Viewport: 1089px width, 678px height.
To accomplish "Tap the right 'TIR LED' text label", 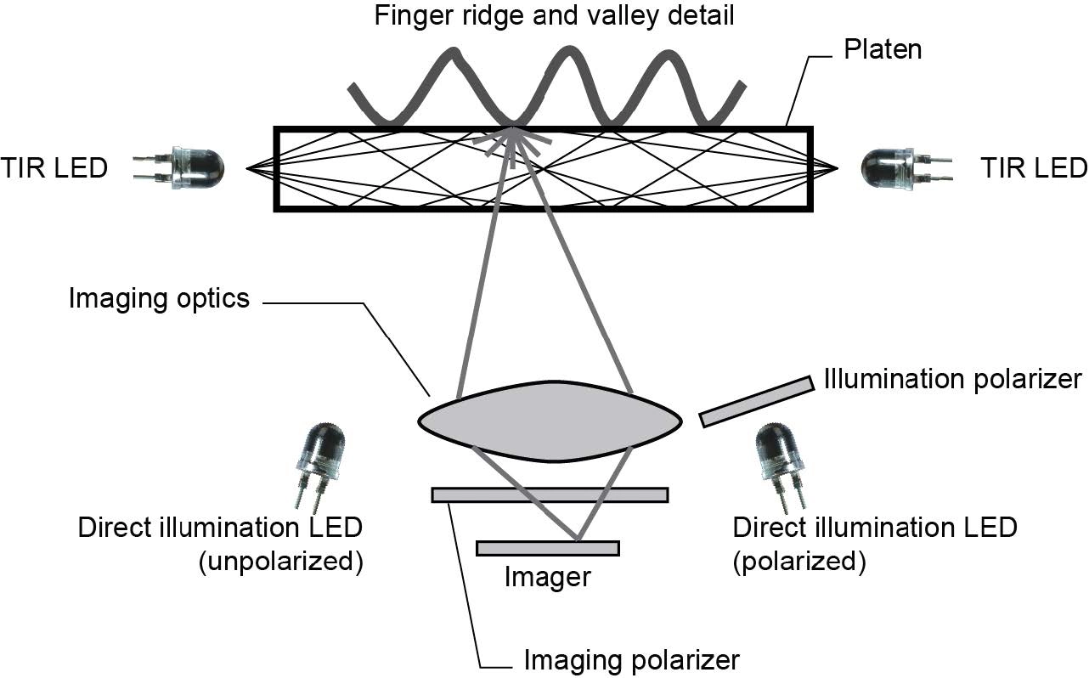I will (1033, 168).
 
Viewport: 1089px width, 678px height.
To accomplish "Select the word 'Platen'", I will (883, 49).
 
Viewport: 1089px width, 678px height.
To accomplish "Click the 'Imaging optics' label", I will (159, 298).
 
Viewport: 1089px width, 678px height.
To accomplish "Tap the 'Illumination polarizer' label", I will (952, 378).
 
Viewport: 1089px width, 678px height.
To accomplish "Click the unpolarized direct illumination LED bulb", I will (321, 450).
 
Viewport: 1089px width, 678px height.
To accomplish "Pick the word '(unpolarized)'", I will (280, 562).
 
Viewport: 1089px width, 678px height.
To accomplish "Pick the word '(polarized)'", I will (798, 562).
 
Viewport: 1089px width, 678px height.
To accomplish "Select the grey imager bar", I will (548, 548).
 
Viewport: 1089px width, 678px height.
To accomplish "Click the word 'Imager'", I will (547, 578).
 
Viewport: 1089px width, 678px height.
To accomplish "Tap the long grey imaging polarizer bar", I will (550, 494).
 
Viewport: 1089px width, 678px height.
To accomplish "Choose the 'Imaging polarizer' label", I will (631, 659).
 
